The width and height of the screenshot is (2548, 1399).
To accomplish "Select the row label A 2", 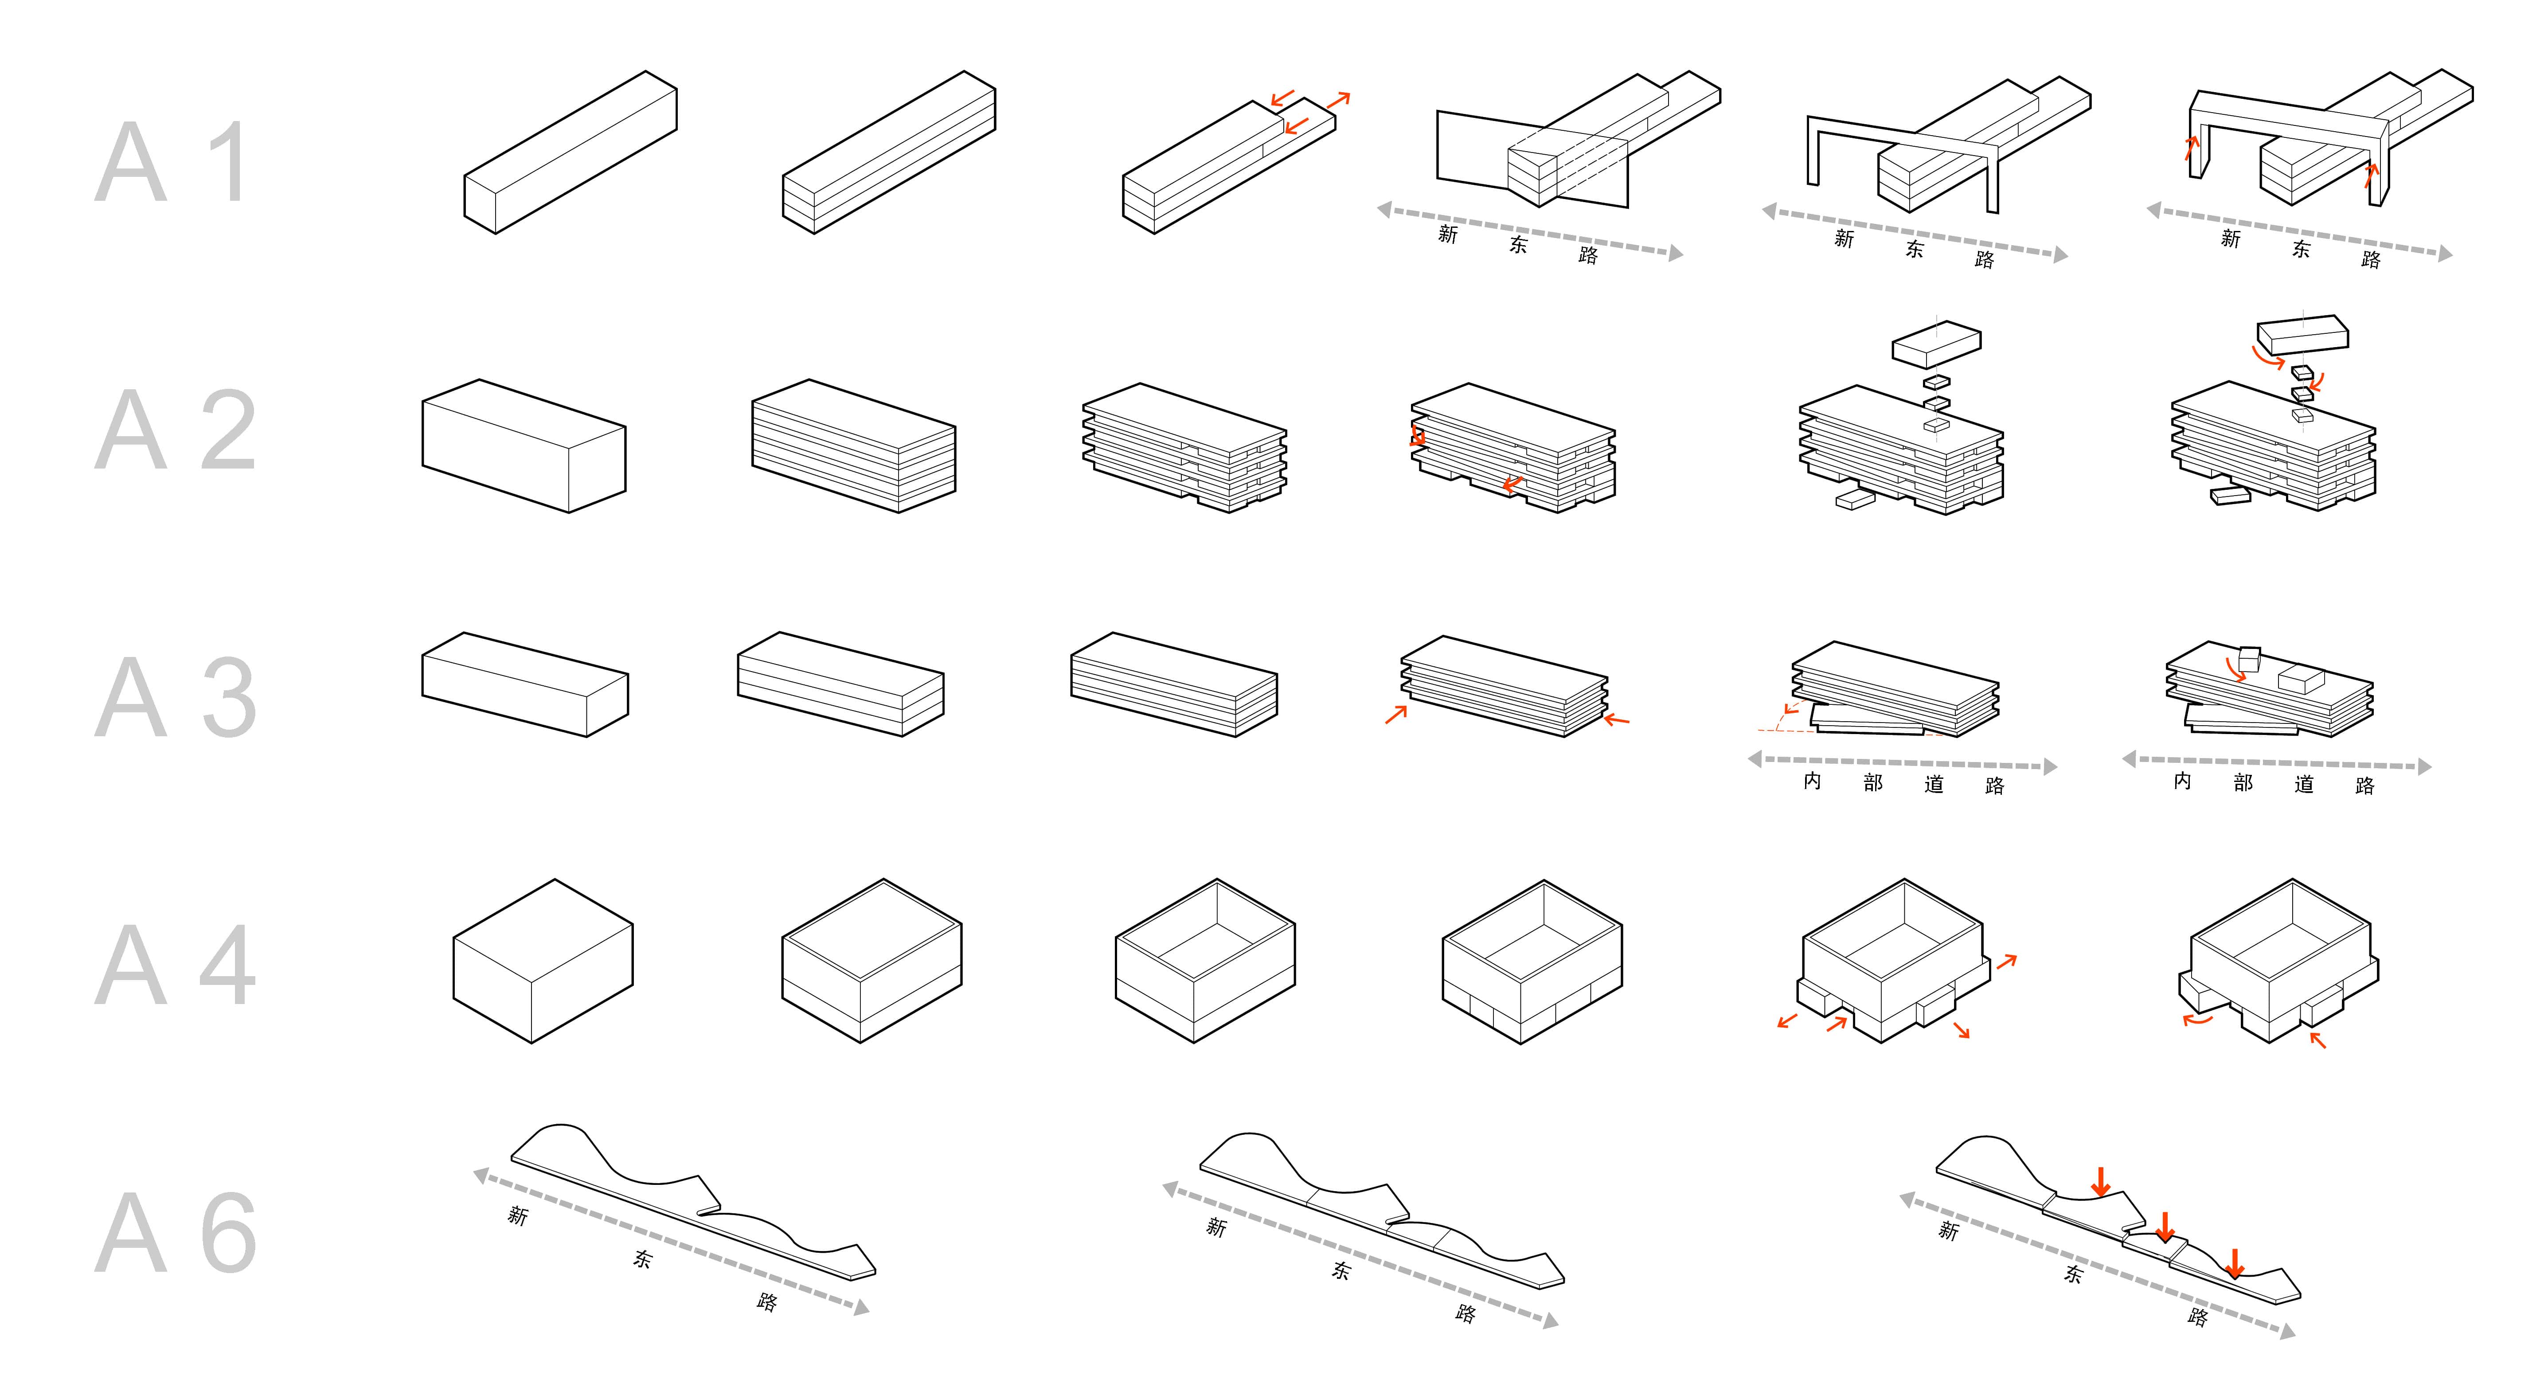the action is [x=175, y=430].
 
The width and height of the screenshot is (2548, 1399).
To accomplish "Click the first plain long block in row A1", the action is [x=571, y=152].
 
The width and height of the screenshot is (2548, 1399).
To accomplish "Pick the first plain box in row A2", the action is [x=524, y=445].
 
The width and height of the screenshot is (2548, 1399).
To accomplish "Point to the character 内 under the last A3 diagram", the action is [x=2182, y=781].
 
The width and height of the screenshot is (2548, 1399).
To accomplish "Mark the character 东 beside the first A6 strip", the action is [x=643, y=1258].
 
